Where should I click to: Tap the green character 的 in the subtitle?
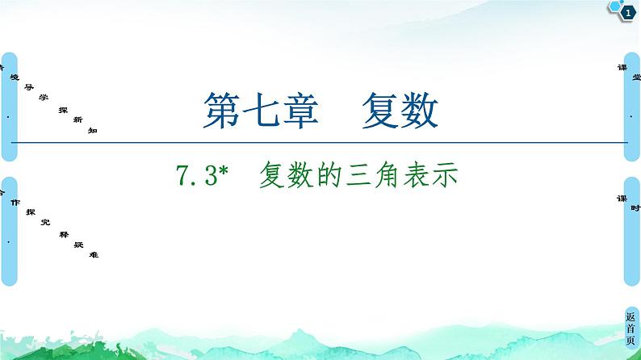click(x=330, y=174)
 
